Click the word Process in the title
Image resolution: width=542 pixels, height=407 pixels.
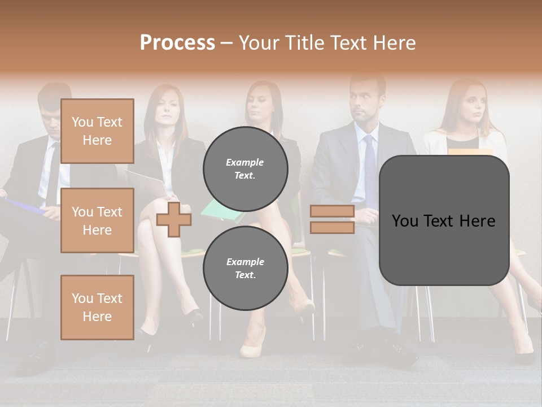tap(177, 43)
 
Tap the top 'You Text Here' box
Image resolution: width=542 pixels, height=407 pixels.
tap(97, 131)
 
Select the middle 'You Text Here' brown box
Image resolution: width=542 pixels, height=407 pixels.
tap(97, 220)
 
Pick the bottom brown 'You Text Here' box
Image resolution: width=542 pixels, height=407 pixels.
tap(97, 308)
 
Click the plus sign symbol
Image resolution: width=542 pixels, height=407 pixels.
tap(174, 219)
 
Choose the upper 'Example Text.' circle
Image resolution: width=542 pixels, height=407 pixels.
tap(245, 169)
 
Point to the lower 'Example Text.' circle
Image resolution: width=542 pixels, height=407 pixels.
tap(245, 269)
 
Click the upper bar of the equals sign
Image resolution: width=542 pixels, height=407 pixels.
tap(332, 211)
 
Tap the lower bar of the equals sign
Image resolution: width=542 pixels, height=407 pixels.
tap(332, 227)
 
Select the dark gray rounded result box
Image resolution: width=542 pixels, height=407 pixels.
tap(444, 220)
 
